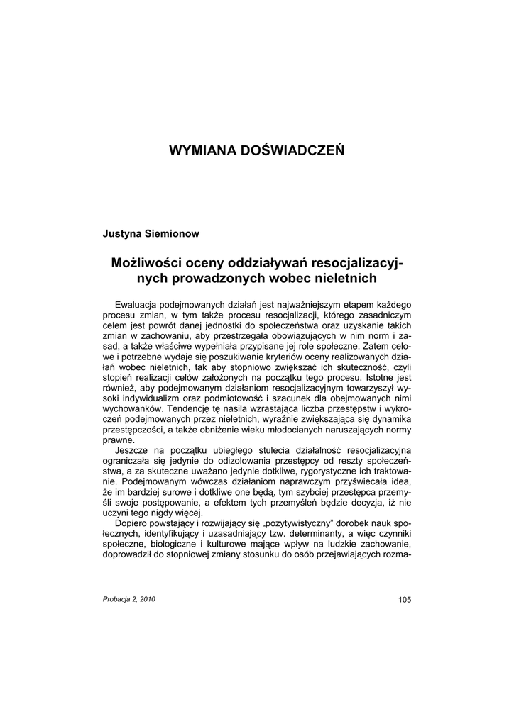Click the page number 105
(404, 600)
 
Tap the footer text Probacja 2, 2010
(128, 599)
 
